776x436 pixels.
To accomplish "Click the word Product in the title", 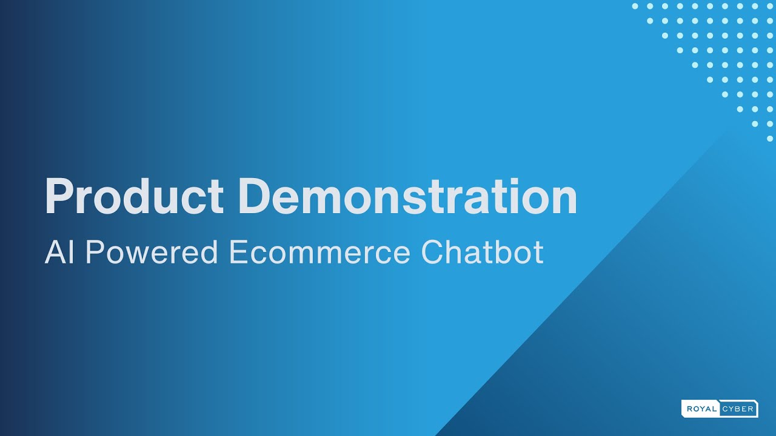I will coord(134,197).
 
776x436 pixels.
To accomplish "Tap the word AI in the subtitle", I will coord(59,253).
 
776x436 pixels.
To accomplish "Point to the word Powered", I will coord(151,253).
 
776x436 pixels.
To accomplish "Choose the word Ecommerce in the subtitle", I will coord(319,253).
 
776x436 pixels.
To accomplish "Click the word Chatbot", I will coord(482,253).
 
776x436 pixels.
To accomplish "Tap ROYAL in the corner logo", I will coord(701,409).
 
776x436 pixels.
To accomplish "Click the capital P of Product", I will coord(59,197).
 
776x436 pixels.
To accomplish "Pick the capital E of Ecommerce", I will coord(237,253).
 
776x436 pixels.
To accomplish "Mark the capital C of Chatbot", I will coord(433,253).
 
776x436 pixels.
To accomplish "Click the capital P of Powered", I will coord(94,253).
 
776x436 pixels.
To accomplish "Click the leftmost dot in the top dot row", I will coord(635,6).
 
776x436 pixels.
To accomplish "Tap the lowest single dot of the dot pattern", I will coord(769,138).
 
